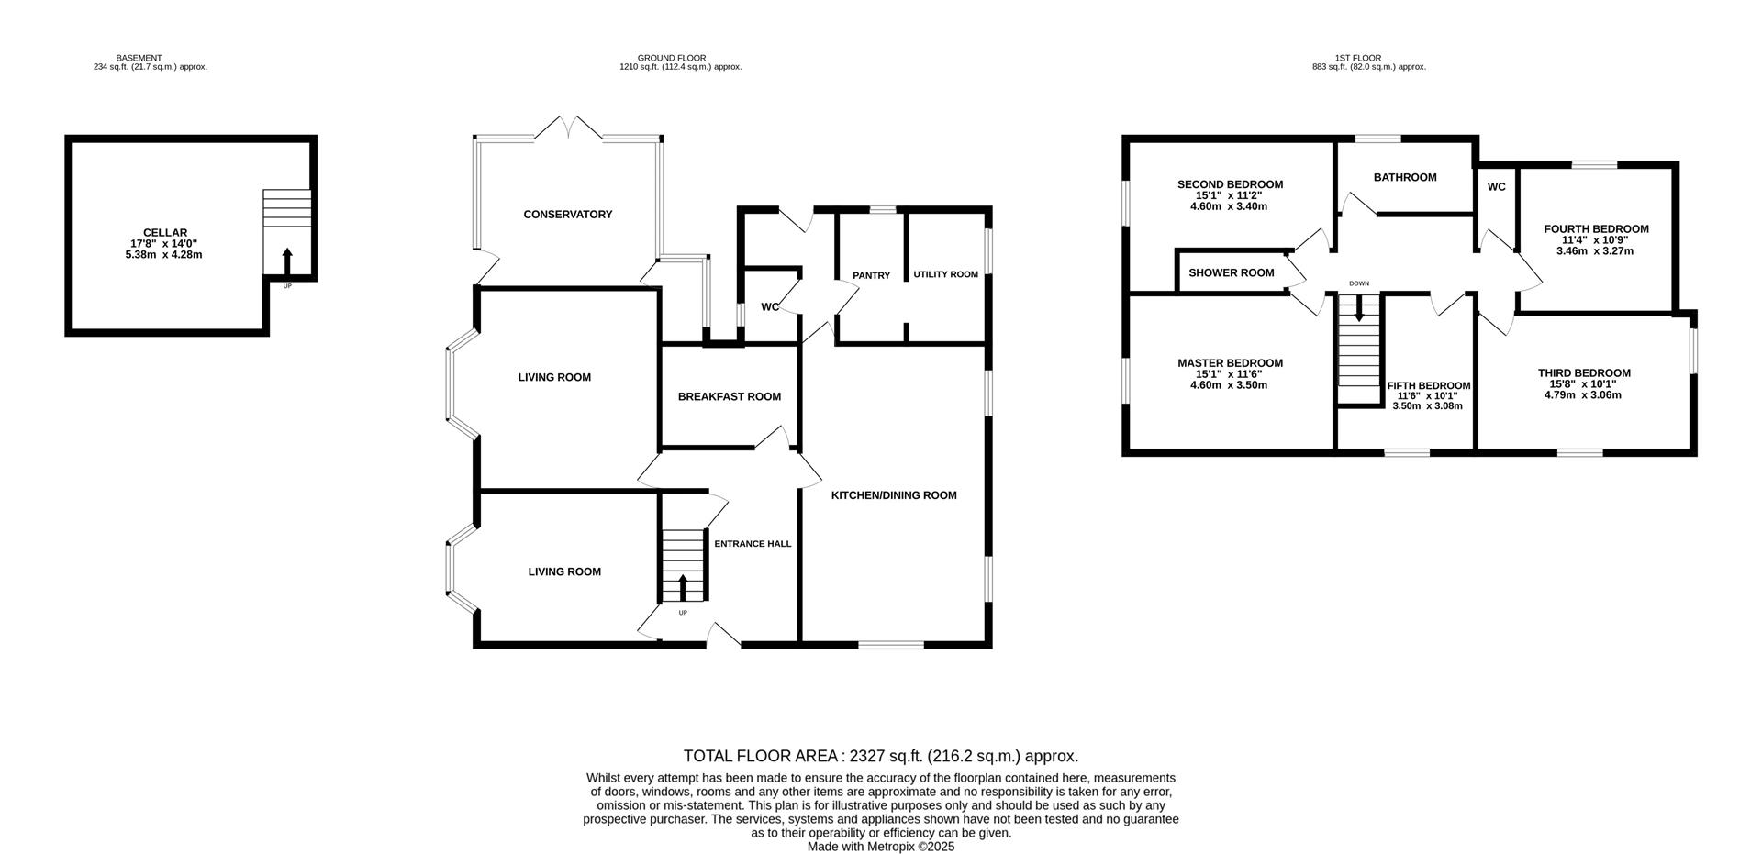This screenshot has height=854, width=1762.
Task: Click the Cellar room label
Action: (165, 233)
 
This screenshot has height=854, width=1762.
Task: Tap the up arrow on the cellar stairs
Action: (286, 261)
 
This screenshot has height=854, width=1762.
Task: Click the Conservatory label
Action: (567, 215)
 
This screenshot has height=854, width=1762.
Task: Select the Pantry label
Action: (871, 275)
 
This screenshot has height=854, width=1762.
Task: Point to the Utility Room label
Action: (945, 274)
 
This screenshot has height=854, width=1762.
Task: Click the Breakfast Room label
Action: (729, 397)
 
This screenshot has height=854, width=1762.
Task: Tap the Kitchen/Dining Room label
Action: (893, 495)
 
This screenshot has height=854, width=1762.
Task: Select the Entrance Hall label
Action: (753, 544)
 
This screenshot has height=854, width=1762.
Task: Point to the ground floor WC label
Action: (770, 307)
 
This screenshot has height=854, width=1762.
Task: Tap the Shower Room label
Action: (1231, 272)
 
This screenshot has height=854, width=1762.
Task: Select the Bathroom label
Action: (1404, 177)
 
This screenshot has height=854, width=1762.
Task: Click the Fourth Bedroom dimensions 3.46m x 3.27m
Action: (1595, 250)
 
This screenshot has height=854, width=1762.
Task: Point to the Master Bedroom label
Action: (1230, 363)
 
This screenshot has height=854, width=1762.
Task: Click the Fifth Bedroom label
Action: (1428, 386)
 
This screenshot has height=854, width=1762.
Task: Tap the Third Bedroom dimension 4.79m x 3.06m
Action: (1583, 395)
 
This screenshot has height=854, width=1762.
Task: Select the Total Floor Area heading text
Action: (880, 756)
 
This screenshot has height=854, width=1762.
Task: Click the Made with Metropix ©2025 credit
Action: (880, 847)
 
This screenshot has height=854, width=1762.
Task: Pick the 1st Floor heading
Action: (1358, 58)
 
